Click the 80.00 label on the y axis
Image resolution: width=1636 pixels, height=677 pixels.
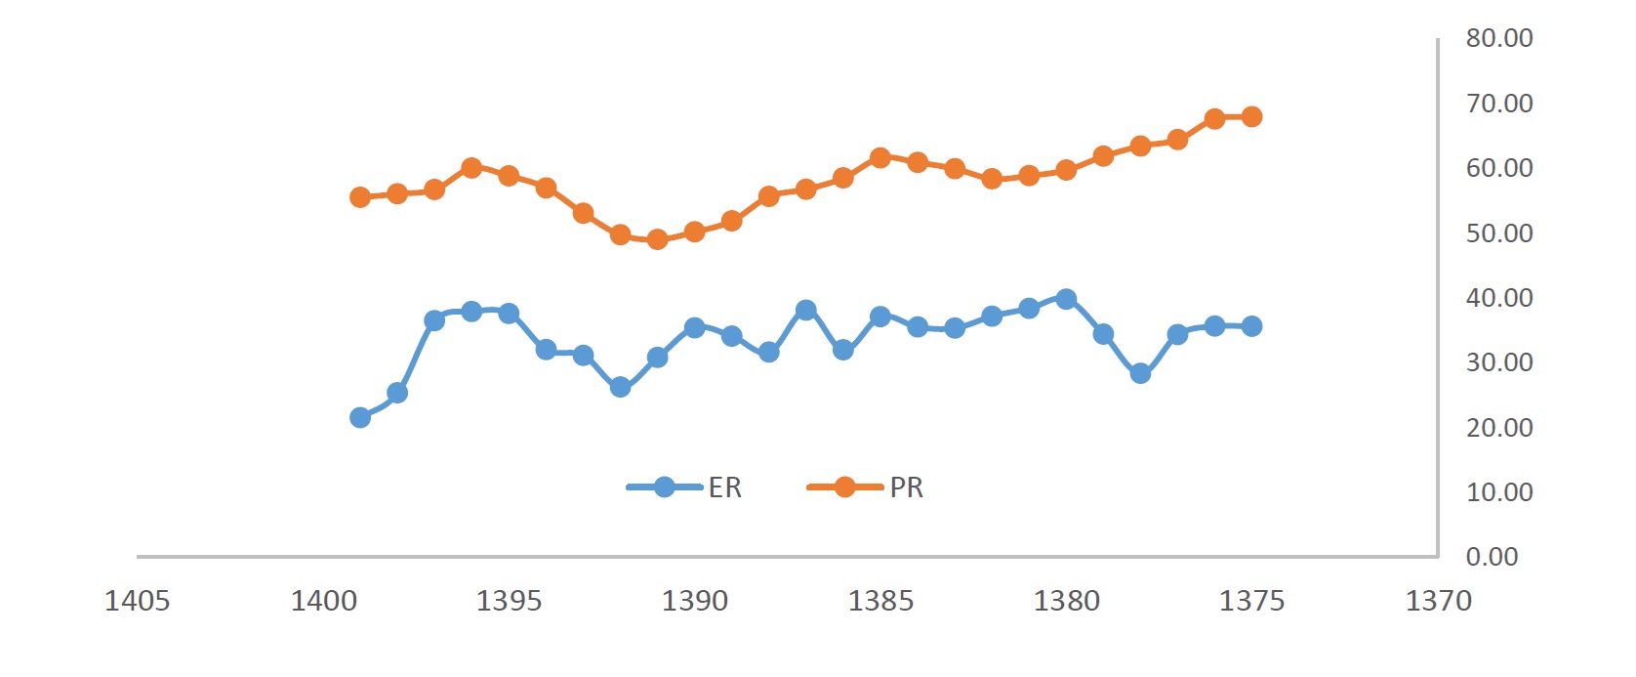point(1499,38)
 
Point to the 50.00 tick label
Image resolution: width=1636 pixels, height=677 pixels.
point(1499,233)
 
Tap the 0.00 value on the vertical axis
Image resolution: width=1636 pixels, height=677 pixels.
point(1493,557)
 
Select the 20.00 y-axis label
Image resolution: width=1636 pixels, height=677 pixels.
point(1499,428)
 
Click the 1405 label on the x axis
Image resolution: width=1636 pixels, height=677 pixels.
point(138,601)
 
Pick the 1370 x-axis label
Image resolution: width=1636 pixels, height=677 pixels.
point(1439,601)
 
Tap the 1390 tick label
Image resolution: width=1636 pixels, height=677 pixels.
point(695,601)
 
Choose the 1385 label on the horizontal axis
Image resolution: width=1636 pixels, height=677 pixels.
point(880,601)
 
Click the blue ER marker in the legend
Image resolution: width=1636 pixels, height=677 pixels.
point(665,487)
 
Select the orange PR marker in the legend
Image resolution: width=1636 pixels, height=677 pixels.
point(845,487)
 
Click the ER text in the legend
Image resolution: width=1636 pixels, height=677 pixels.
point(724,487)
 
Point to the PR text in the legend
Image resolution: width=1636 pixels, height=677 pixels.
point(907,487)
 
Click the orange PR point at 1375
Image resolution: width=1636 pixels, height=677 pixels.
point(1251,116)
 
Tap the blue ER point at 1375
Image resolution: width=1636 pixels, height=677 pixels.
point(1251,326)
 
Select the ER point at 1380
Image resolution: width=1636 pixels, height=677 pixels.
point(1066,299)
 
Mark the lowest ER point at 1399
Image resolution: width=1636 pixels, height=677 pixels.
point(360,417)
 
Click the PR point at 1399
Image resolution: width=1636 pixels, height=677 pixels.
point(360,196)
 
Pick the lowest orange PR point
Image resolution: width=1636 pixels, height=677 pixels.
point(657,239)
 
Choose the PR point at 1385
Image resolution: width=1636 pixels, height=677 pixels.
point(880,158)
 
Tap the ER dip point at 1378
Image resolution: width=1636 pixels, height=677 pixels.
point(1140,373)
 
